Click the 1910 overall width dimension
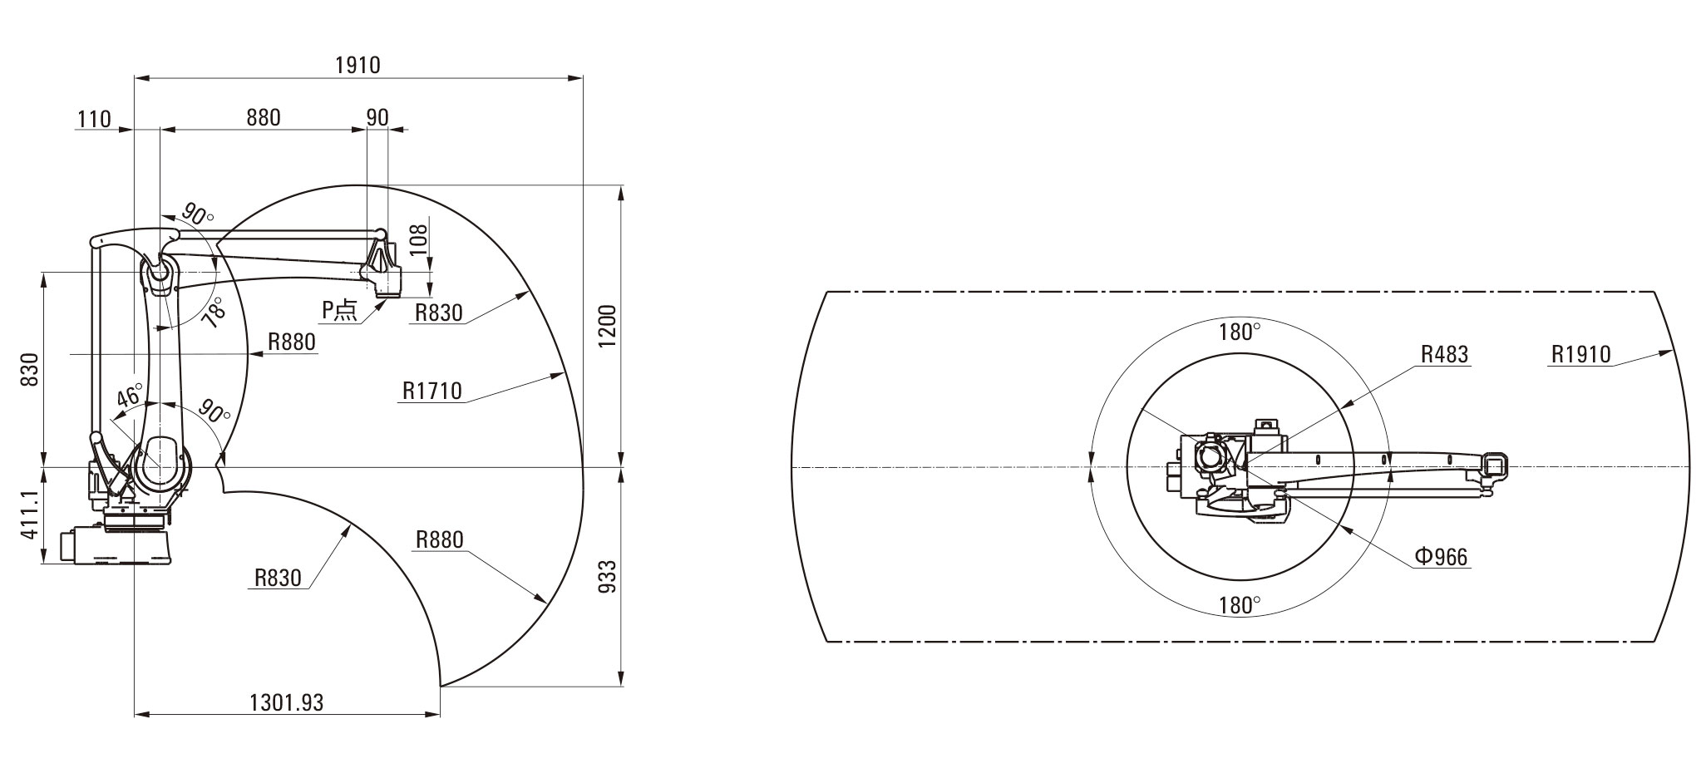point(358,65)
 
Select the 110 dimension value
point(94,119)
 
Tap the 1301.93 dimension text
point(287,702)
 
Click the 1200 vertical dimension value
point(608,327)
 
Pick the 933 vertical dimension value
point(608,576)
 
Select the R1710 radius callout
point(431,391)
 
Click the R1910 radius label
point(1580,354)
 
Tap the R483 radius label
point(1445,354)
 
